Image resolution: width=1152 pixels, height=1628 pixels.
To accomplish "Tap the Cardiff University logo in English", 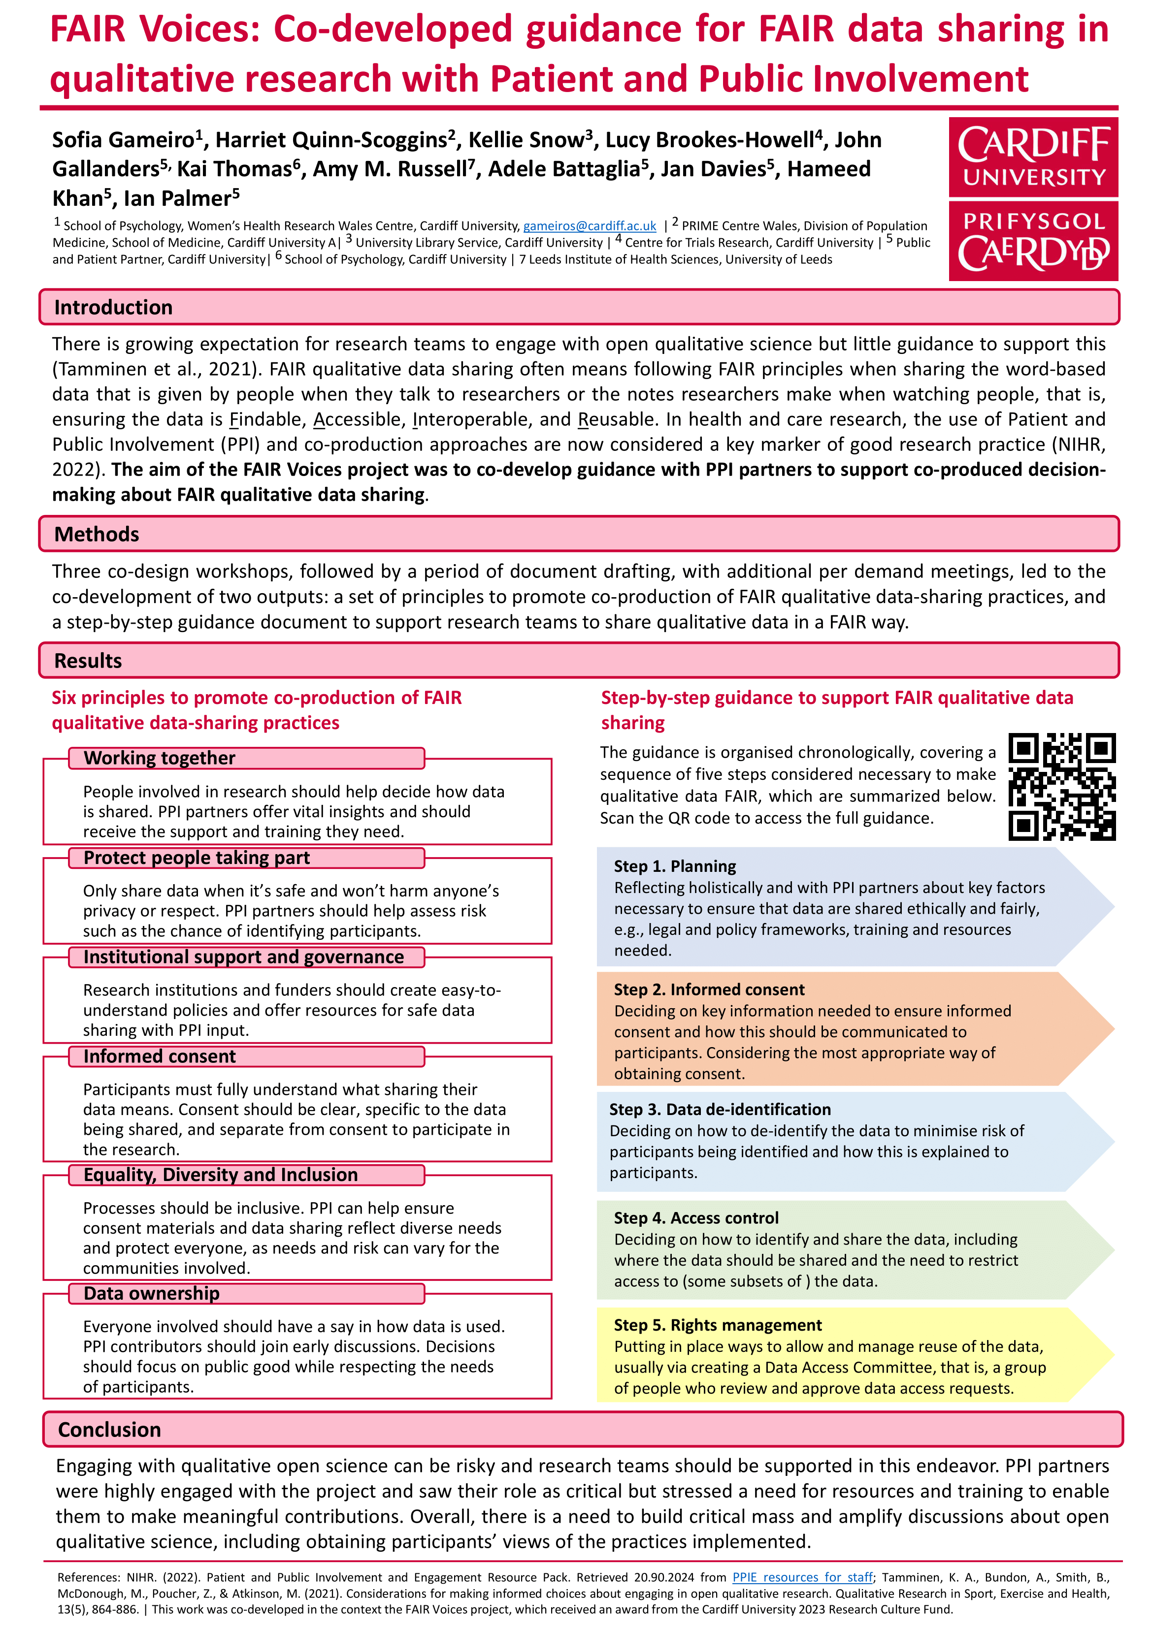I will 1033,157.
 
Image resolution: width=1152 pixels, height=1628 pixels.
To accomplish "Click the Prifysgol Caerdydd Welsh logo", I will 1033,241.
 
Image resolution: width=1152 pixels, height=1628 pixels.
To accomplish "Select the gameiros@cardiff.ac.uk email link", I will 590,226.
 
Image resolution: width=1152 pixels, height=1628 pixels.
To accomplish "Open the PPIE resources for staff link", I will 802,1577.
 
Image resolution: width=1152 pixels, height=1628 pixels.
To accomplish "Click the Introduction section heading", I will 113,307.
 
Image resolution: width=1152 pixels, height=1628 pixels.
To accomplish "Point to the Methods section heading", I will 97,534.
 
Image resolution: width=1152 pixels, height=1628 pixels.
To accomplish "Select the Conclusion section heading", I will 109,1430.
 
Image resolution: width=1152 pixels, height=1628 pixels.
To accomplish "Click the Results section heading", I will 88,660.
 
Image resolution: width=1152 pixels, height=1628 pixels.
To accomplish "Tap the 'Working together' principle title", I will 160,758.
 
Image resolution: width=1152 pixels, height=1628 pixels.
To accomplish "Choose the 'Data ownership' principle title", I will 152,1293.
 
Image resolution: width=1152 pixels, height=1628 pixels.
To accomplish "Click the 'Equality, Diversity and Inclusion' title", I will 221,1175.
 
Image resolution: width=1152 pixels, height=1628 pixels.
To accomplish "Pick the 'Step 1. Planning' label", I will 675,866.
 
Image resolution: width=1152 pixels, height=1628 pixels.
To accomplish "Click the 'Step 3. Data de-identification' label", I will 720,1109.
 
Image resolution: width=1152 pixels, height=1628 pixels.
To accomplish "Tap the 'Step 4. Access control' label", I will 696,1217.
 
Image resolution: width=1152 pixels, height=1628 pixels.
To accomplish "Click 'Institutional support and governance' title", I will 243,957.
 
